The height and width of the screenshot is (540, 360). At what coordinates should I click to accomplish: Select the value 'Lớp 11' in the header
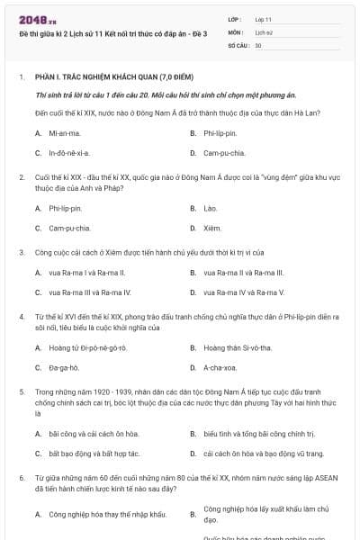[264, 19]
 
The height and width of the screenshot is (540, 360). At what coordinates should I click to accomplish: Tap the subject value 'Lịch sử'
[263, 31]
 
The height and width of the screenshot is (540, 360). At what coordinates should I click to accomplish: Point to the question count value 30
[258, 44]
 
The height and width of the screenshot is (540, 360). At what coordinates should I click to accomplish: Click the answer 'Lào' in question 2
[210, 208]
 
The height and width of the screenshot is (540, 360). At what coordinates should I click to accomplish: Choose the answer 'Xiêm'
[212, 228]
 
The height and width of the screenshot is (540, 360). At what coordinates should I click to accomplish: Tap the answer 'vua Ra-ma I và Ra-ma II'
[86, 272]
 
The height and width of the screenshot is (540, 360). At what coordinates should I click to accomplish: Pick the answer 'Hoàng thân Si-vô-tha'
[238, 347]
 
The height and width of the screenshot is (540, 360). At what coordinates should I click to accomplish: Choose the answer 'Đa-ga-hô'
[64, 367]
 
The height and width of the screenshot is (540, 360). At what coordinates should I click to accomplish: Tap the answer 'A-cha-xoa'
[220, 367]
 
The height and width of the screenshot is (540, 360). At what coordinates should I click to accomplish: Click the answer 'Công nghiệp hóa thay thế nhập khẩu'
[107, 514]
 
